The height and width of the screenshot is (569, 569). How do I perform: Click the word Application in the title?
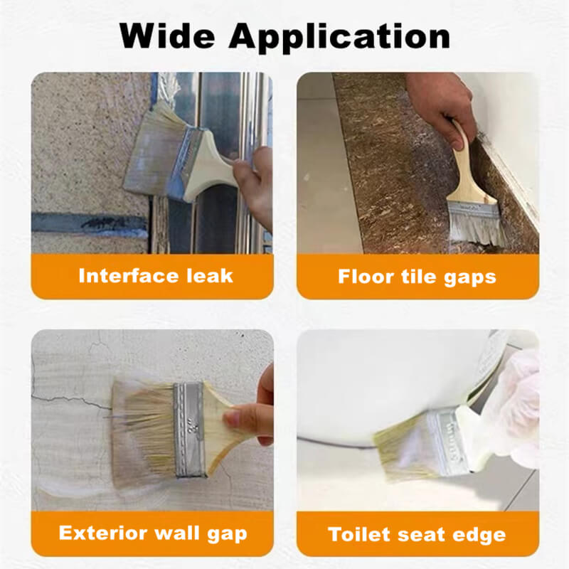[x=340, y=38]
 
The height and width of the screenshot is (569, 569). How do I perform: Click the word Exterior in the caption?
[x=102, y=533]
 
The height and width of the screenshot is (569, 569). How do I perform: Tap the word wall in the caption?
[x=176, y=533]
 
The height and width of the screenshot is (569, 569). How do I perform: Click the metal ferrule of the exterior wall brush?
[x=189, y=430]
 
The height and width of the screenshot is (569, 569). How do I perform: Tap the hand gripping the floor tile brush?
[x=441, y=105]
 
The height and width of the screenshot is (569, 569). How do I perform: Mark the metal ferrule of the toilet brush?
[x=447, y=441]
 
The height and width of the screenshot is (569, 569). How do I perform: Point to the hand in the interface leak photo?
[x=254, y=185]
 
